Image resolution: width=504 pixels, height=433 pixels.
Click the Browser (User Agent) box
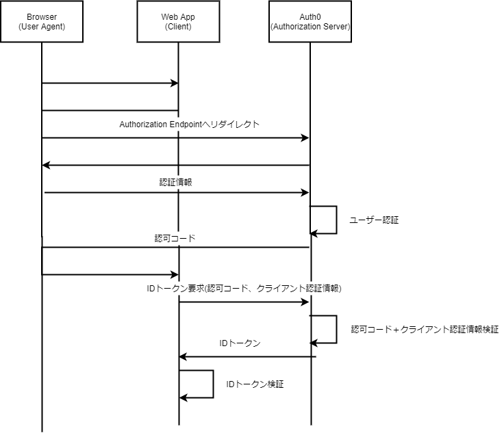pyautogui.click(x=42, y=22)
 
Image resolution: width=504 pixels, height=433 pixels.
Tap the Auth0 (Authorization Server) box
pyautogui.click(x=310, y=22)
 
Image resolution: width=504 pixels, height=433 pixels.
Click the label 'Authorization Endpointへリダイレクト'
pyautogui.click(x=189, y=124)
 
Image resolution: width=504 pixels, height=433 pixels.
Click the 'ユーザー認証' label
pyautogui.click(x=374, y=221)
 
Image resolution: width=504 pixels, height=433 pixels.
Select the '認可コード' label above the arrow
pyautogui.click(x=175, y=239)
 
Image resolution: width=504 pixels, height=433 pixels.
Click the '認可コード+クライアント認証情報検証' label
pyautogui.click(x=425, y=330)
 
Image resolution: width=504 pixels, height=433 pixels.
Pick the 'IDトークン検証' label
pyautogui.click(x=255, y=385)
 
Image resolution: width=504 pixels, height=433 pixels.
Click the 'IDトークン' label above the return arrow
pyautogui.click(x=240, y=343)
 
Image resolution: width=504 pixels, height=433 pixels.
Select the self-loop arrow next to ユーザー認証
pyautogui.click(x=336, y=220)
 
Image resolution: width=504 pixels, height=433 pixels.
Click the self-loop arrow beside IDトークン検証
pyautogui.click(x=212, y=384)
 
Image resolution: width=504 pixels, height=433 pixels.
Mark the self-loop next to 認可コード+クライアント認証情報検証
pyautogui.click(x=336, y=329)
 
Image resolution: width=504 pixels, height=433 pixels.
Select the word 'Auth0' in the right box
pyautogui.click(x=310, y=16)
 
